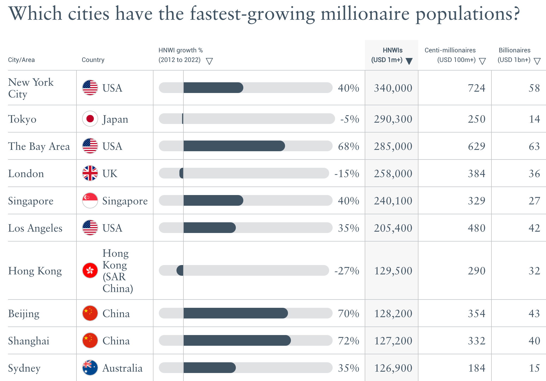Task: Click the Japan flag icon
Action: click(x=90, y=119)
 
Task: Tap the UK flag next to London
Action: click(x=90, y=173)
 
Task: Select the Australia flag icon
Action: click(x=90, y=368)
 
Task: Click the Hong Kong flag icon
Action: click(x=90, y=270)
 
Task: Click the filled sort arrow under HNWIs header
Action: click(x=409, y=61)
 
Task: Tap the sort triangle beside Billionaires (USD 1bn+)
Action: click(x=537, y=61)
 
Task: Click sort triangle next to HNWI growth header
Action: click(x=209, y=61)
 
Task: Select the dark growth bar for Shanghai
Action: click(x=237, y=340)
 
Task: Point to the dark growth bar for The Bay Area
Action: click(x=234, y=146)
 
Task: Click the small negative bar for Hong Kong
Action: click(x=180, y=270)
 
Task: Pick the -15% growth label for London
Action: click(x=347, y=174)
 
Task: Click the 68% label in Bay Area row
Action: click(x=348, y=146)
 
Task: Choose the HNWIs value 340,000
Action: click(x=393, y=88)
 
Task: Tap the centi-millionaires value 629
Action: click(x=476, y=146)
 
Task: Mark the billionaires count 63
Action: click(x=534, y=146)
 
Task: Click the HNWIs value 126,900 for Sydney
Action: click(x=393, y=368)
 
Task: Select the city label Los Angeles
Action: click(x=35, y=228)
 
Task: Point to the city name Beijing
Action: click(x=24, y=314)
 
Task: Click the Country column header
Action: click(x=93, y=60)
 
